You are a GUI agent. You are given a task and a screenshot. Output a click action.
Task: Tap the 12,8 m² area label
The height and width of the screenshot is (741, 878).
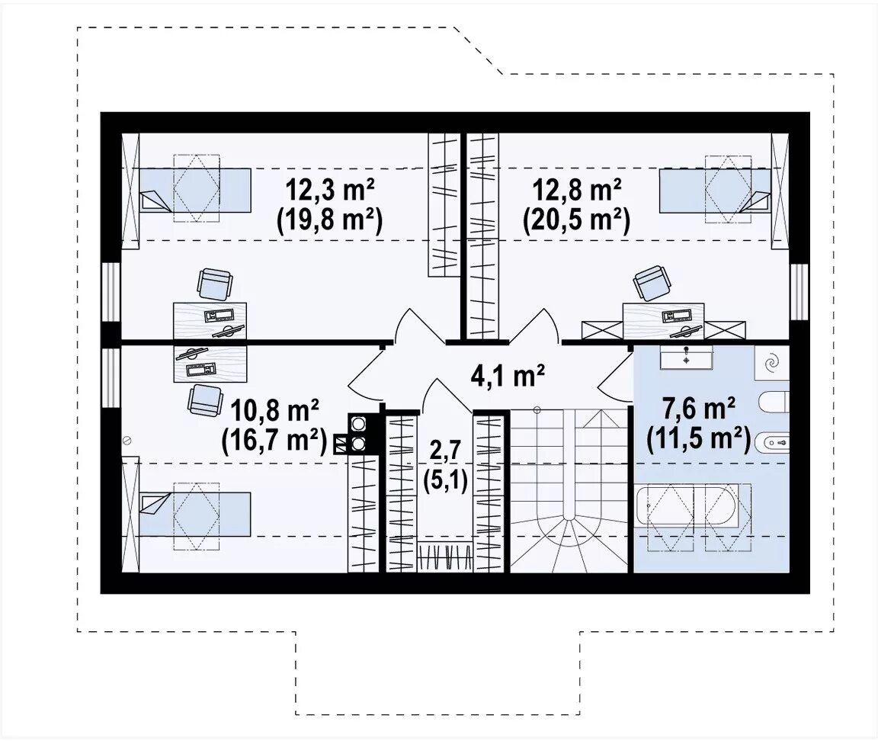coord(577,191)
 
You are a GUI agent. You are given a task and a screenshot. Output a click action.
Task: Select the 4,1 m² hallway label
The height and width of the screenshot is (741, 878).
coord(508,377)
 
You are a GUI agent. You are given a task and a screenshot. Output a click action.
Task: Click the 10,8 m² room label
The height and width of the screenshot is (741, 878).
coord(275,412)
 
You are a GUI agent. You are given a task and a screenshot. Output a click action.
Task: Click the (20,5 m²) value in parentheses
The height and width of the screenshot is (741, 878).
coord(577,220)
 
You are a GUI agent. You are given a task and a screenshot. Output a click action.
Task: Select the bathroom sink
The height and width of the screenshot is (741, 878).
coord(686,358)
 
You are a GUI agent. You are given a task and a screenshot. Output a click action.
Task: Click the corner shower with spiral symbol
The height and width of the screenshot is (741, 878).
coord(771,363)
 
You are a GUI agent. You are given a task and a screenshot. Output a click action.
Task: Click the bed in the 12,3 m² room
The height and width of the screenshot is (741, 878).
coord(194,191)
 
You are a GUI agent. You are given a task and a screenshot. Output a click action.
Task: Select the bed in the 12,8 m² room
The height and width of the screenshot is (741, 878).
coord(716,191)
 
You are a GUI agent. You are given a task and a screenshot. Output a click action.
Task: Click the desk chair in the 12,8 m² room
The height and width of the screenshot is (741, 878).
coord(651,284)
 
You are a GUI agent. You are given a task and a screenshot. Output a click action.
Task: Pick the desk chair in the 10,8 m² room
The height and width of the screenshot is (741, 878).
coord(203,401)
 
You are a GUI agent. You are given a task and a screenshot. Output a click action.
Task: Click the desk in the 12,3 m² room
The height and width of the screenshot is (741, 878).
coord(210,321)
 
